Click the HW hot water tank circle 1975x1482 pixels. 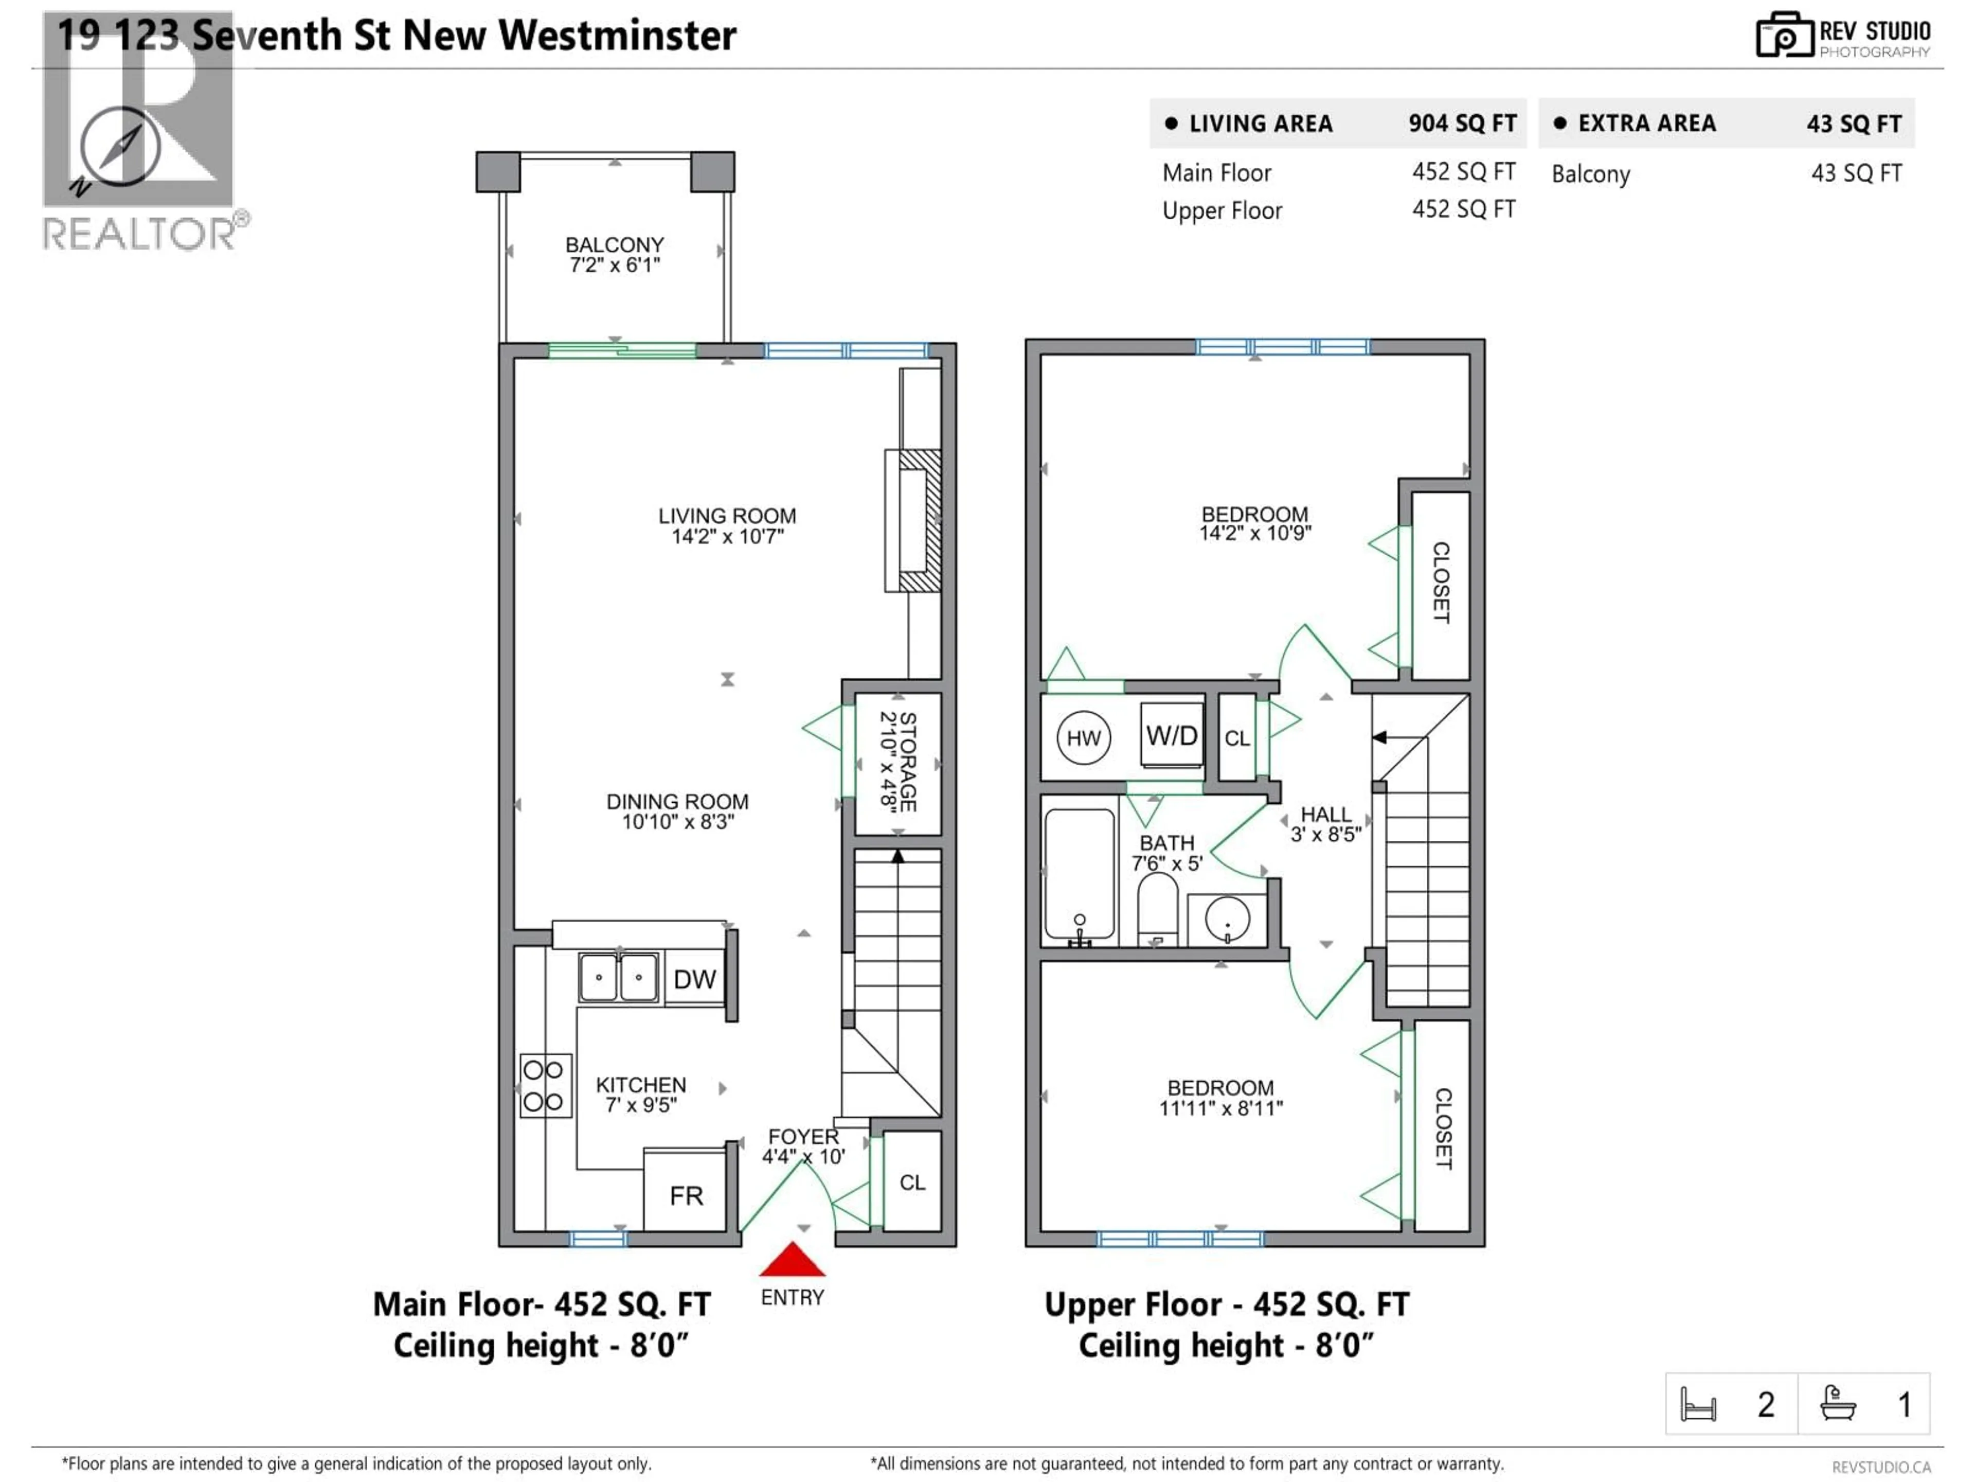[1083, 738]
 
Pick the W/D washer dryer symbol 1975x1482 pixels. [1172, 736]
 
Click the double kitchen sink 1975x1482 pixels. [619, 977]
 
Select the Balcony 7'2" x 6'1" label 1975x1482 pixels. [614, 255]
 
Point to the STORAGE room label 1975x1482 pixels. [898, 761]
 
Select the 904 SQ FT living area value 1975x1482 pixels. [1462, 123]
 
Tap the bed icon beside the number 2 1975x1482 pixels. [1697, 1404]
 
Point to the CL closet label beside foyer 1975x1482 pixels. [911, 1182]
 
